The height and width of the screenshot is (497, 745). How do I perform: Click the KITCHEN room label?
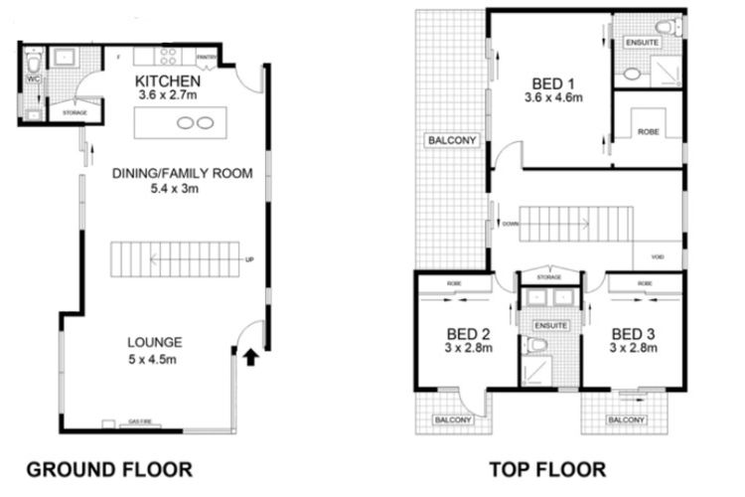[170, 81]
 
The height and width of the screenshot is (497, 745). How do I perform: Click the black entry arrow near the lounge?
[250, 354]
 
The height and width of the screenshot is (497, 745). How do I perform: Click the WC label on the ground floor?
[32, 78]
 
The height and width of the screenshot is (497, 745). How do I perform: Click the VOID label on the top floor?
[657, 257]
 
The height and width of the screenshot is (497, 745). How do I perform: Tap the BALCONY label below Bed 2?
[452, 419]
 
